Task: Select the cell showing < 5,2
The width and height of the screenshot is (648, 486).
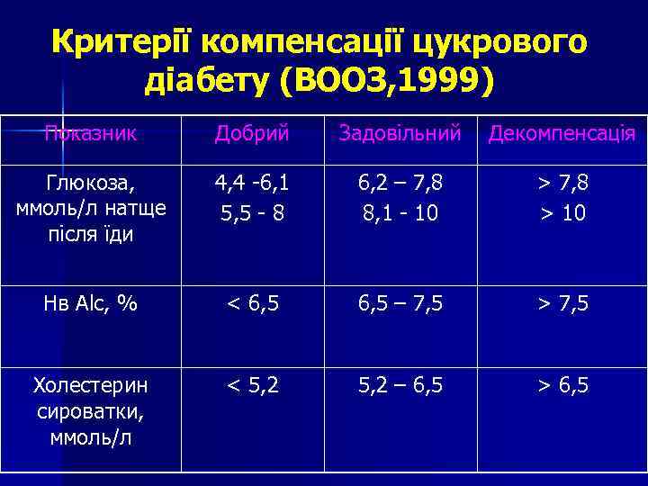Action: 252,386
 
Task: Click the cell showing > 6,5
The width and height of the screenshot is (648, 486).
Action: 562,386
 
